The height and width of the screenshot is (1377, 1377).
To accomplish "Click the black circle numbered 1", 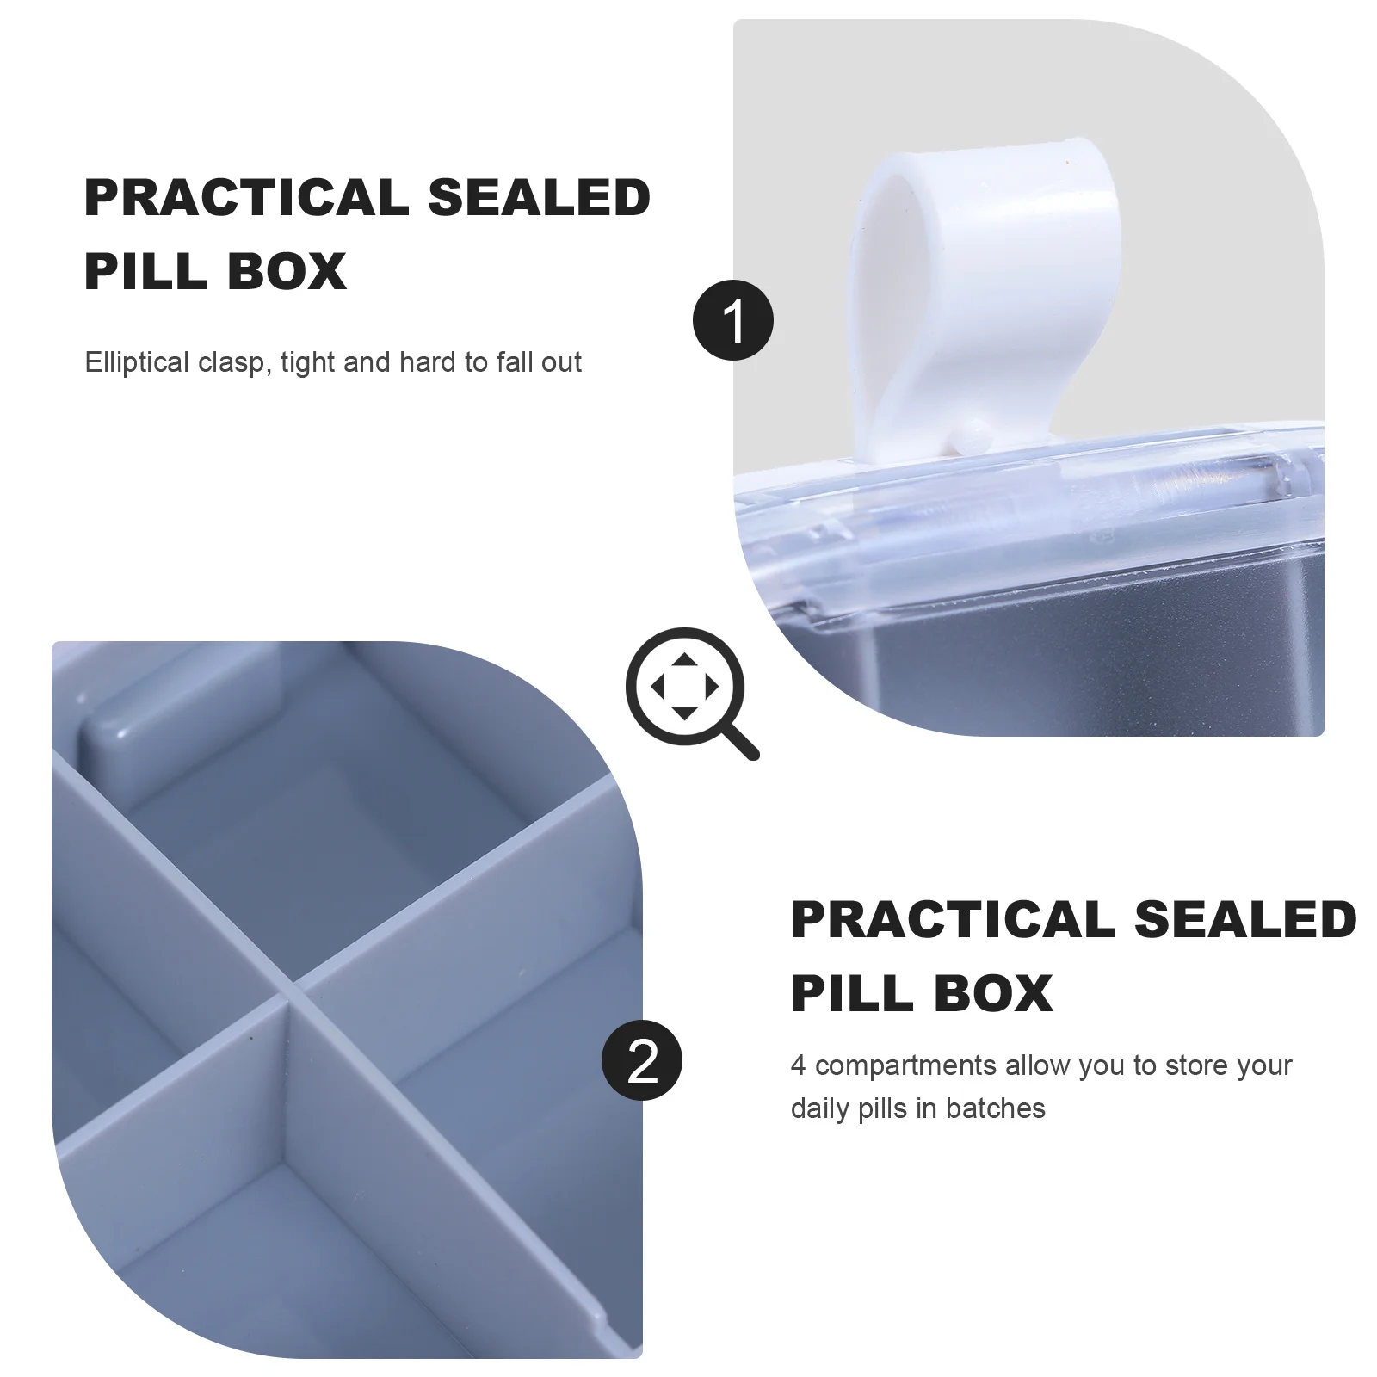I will coord(733,320).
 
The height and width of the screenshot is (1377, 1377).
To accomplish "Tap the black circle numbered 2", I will coord(642,1060).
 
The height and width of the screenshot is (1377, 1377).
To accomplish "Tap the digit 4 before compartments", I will coord(798,1065).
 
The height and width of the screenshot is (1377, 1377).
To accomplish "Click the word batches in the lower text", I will coord(995,1108).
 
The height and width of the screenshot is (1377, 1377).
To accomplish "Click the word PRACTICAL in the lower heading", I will coord(954,920).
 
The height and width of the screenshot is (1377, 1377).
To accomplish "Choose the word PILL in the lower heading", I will coord(852,994).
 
